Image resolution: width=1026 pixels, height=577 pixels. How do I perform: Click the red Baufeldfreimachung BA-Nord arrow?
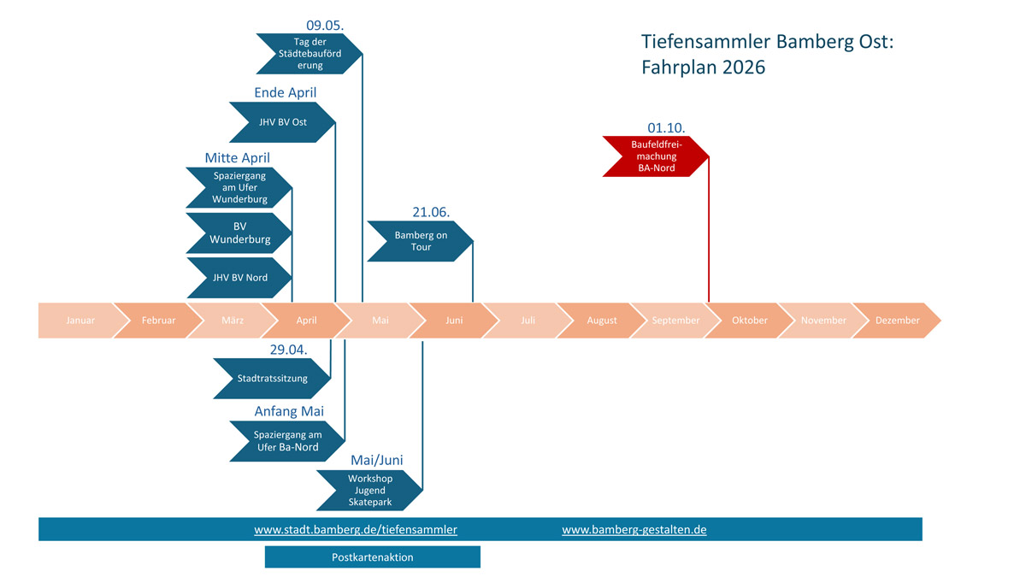click(653, 156)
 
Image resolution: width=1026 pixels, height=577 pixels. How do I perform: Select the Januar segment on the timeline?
click(80, 321)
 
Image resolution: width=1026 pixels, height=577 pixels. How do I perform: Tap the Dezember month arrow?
click(897, 321)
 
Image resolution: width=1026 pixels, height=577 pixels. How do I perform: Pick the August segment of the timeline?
click(601, 321)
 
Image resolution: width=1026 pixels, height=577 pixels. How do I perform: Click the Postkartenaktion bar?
click(372, 557)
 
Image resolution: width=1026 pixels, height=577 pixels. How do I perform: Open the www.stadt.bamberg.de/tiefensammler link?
click(356, 530)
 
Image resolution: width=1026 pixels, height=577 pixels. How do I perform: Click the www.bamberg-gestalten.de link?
click(634, 530)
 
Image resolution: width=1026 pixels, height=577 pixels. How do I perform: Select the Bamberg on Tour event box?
click(420, 241)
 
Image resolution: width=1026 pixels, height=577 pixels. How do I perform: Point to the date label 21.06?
click(431, 211)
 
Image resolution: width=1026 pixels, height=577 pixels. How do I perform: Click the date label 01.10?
click(666, 127)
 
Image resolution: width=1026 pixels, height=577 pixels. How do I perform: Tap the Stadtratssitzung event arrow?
click(271, 378)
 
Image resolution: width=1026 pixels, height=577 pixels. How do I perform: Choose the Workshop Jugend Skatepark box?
click(369, 490)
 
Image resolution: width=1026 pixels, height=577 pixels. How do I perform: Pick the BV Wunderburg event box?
click(239, 233)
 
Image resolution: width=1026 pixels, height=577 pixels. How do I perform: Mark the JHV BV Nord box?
click(239, 277)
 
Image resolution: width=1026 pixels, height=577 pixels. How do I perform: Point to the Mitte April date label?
click(237, 158)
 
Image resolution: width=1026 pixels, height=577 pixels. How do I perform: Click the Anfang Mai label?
click(289, 411)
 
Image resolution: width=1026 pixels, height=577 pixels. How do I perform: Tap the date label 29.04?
click(288, 349)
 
